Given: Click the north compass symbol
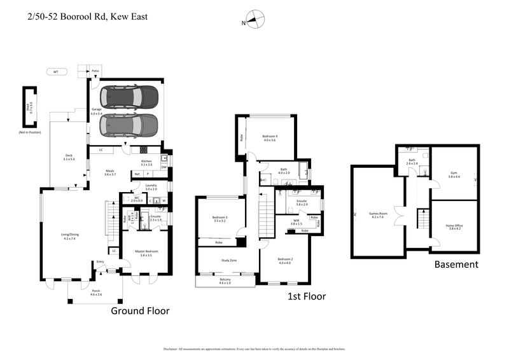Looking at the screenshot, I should [254, 20].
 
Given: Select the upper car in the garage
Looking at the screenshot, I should [132, 97].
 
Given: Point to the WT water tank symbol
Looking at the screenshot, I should [56, 72].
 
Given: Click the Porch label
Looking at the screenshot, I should [95, 291].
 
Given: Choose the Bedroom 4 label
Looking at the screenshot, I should [268, 137].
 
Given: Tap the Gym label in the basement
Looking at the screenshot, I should [454, 173].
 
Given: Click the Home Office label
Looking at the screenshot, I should [454, 226].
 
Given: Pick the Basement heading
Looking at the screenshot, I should [456, 264].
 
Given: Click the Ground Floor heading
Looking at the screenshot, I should [140, 310].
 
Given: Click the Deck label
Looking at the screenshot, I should [69, 156].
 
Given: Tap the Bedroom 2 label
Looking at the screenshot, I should [284, 260].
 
